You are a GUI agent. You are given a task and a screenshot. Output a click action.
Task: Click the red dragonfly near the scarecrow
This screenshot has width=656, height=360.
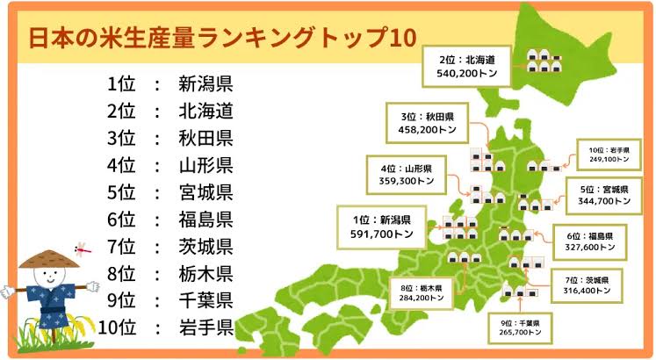83,248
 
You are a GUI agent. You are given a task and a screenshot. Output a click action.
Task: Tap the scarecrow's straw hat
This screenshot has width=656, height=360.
49,259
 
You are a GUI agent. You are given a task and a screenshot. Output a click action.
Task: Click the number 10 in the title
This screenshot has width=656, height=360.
403,38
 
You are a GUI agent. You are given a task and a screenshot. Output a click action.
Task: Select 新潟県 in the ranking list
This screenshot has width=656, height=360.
205,83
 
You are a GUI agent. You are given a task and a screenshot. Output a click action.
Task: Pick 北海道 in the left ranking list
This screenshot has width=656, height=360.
205,111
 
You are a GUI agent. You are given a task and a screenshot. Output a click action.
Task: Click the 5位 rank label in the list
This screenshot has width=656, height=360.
121,192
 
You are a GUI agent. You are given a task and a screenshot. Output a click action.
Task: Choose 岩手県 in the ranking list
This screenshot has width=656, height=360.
206,328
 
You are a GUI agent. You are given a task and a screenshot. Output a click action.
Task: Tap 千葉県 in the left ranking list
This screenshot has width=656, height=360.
205,300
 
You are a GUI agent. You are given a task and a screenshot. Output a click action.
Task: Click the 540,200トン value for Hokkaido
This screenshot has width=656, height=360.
467,73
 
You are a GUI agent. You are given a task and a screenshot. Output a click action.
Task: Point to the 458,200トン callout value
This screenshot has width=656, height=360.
427,130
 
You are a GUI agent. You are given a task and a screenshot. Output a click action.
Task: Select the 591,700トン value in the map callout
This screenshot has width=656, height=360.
381,234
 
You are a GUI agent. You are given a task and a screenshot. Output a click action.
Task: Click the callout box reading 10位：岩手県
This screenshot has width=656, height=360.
609,155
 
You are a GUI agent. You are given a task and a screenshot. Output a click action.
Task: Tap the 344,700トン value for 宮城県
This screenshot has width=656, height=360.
604,201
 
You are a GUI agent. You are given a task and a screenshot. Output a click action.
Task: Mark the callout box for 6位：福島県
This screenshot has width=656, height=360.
590,242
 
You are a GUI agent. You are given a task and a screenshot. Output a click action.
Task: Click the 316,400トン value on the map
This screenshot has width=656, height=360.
587,290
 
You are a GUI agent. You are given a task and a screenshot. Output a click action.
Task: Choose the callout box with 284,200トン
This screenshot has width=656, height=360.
422,293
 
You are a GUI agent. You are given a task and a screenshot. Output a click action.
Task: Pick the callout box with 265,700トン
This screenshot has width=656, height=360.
520,328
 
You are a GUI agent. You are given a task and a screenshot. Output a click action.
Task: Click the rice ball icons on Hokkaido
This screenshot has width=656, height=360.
544,61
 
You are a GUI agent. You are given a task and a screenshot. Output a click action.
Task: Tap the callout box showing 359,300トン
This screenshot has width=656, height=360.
407,175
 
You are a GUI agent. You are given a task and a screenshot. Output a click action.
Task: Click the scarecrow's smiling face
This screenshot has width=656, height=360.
49,276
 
